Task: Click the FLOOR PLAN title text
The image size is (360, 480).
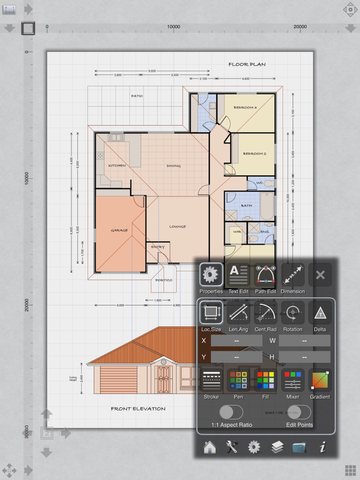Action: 247,65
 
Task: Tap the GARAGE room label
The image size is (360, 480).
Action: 119,230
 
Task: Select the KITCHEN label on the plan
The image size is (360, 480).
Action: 117,165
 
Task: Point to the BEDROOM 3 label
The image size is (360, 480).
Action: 245,107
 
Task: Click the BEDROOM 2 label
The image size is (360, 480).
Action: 254,154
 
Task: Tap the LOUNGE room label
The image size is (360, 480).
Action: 177,226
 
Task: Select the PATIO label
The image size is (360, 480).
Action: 136,96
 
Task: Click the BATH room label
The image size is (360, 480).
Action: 246,206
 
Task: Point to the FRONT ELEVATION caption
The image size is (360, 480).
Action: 138,409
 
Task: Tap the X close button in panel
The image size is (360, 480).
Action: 320,275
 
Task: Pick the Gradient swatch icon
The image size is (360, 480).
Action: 320,381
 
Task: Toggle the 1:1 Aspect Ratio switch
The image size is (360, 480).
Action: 231,412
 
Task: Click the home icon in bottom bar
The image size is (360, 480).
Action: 209,447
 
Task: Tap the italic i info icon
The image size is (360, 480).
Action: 322,447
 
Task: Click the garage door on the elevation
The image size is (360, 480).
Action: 112,380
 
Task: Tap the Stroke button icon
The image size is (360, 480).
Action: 211,381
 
